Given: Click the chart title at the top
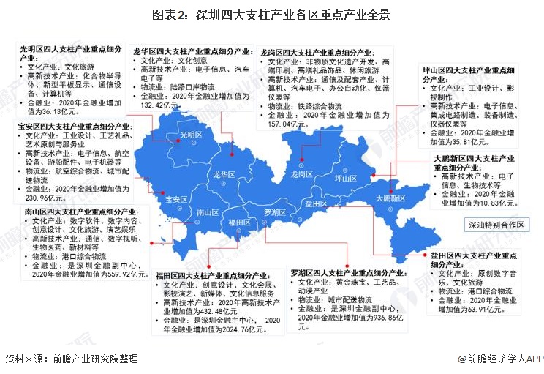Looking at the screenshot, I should pyautogui.click(x=271, y=14).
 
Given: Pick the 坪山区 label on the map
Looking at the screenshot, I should pyautogui.click(x=344, y=179).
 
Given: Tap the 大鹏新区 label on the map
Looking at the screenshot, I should pyautogui.click(x=390, y=198).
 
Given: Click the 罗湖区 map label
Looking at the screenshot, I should pyautogui.click(x=275, y=212).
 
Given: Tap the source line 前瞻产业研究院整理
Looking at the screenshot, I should pyautogui.click(x=73, y=359).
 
